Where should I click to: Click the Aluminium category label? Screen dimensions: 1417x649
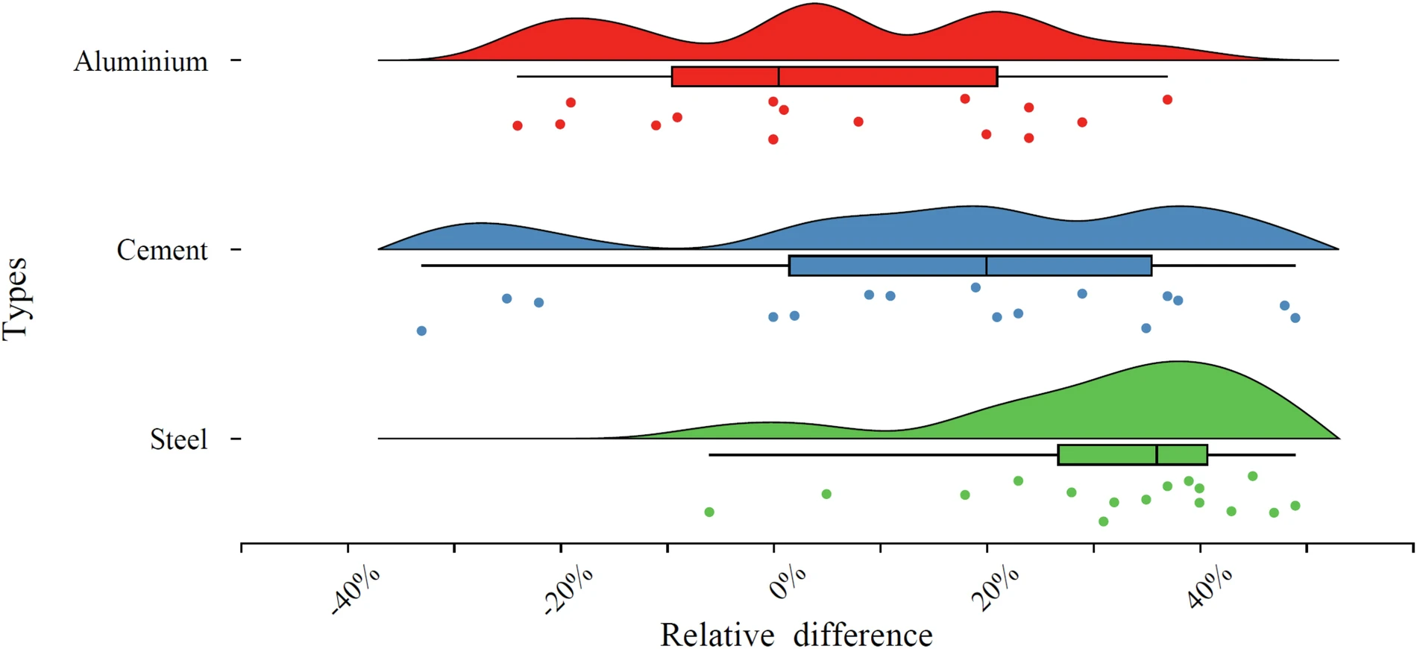coord(141,61)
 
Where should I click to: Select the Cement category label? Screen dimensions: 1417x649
coord(162,250)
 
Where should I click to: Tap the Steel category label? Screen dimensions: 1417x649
coord(178,439)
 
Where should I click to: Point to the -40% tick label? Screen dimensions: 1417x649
coord(356,590)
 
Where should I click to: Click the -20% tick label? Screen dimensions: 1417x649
coord(569,590)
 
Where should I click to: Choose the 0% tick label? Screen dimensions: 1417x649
coord(788,583)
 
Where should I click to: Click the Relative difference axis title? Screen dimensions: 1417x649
coord(797,635)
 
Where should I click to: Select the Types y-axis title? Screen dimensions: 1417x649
coord(16,299)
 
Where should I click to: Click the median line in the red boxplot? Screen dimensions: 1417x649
coord(779,76)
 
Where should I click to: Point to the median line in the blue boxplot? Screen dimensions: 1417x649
coord(987,266)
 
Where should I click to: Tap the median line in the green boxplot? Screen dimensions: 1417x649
coord(1157,455)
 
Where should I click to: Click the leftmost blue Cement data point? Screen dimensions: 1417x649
coord(421,330)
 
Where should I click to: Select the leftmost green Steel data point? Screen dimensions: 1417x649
coord(709,512)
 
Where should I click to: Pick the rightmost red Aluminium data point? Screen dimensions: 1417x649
coord(1167,99)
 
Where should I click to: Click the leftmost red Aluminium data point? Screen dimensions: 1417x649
coord(518,125)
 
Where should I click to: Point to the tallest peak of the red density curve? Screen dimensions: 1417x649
coord(815,4)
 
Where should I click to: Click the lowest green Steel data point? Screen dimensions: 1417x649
coord(1104,521)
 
